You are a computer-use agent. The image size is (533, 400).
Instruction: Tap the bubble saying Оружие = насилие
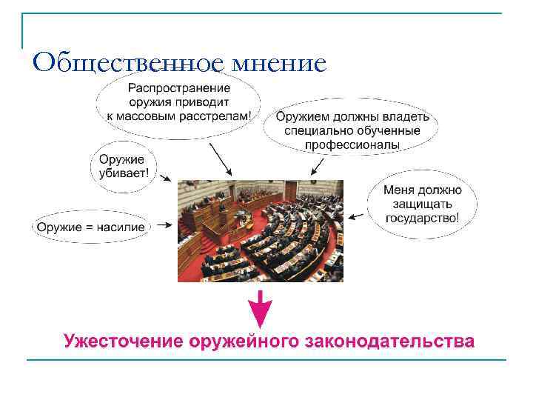91,227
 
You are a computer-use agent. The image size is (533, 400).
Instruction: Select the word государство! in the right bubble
422,218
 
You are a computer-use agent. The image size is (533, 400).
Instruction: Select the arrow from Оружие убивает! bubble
165,178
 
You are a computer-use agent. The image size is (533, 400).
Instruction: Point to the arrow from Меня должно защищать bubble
358,216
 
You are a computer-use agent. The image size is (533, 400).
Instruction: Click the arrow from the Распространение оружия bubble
220,159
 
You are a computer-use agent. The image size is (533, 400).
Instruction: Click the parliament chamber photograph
260,230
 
